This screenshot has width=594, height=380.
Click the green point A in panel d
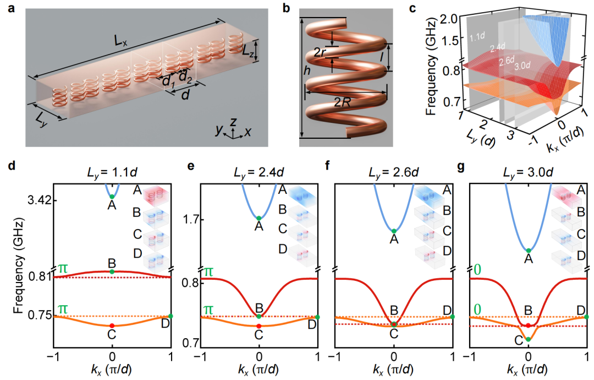pyautogui.click(x=112, y=197)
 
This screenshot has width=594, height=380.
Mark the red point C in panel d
pyautogui.click(x=112, y=326)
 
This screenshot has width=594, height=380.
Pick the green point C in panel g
pyautogui.click(x=528, y=339)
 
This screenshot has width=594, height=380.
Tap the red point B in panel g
pyautogui.click(x=528, y=325)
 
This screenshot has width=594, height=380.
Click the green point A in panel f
pyautogui.click(x=394, y=231)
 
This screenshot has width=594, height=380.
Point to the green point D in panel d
pyautogui.click(x=170, y=316)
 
